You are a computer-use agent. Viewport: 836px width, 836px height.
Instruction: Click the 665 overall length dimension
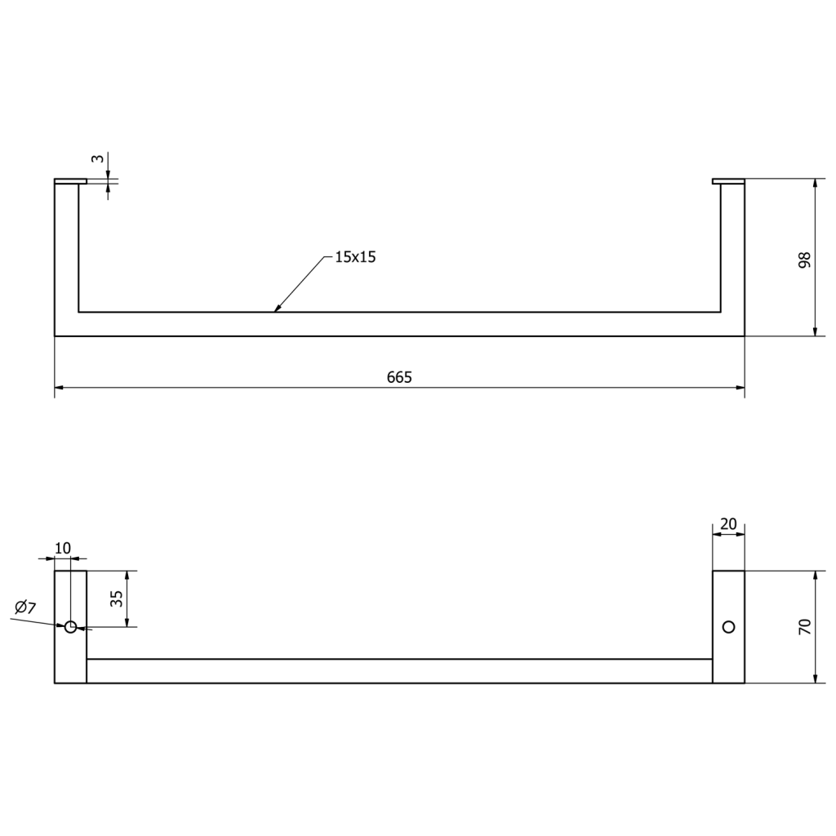(399, 377)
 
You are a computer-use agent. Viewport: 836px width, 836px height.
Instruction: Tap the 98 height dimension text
(804, 260)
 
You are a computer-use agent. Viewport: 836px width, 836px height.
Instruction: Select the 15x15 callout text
(356, 257)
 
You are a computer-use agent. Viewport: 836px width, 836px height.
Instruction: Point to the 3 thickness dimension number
(97, 158)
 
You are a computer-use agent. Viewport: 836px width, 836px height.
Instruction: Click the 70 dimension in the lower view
(805, 626)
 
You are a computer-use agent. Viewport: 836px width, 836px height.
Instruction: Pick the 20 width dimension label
(728, 524)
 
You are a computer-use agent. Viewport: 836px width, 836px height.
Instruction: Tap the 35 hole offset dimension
(117, 598)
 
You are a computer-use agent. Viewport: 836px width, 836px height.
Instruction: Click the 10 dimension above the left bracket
(62, 548)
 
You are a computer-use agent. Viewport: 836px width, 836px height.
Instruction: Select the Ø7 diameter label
(25, 607)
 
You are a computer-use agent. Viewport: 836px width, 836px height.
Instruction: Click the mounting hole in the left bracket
(70, 627)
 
